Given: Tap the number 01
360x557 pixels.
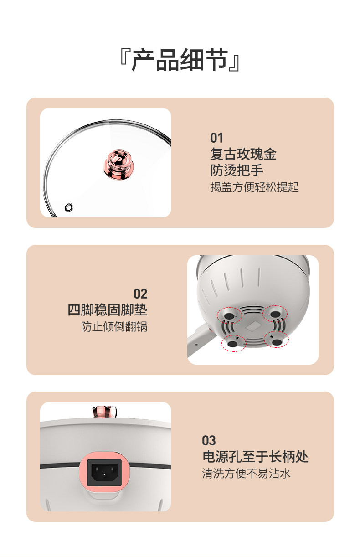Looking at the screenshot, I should (216, 138).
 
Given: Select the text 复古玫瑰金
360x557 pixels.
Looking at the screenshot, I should (243, 154).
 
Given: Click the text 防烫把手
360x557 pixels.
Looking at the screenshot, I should (237, 170).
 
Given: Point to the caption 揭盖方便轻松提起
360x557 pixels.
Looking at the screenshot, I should (254, 187).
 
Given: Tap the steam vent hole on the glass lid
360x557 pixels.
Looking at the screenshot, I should (69, 207).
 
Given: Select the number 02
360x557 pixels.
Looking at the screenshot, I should (140, 294).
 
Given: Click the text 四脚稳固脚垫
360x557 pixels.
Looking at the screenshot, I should (108, 310).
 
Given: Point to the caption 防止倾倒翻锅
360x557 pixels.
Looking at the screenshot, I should (114, 327).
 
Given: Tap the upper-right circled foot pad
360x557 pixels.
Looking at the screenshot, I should (276, 314).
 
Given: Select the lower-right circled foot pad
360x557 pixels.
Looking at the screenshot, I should (277, 340).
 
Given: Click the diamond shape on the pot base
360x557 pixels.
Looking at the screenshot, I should (252, 327).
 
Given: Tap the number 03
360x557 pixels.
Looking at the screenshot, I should (209, 440).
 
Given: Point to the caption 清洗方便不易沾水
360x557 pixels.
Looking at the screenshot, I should (246, 474).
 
